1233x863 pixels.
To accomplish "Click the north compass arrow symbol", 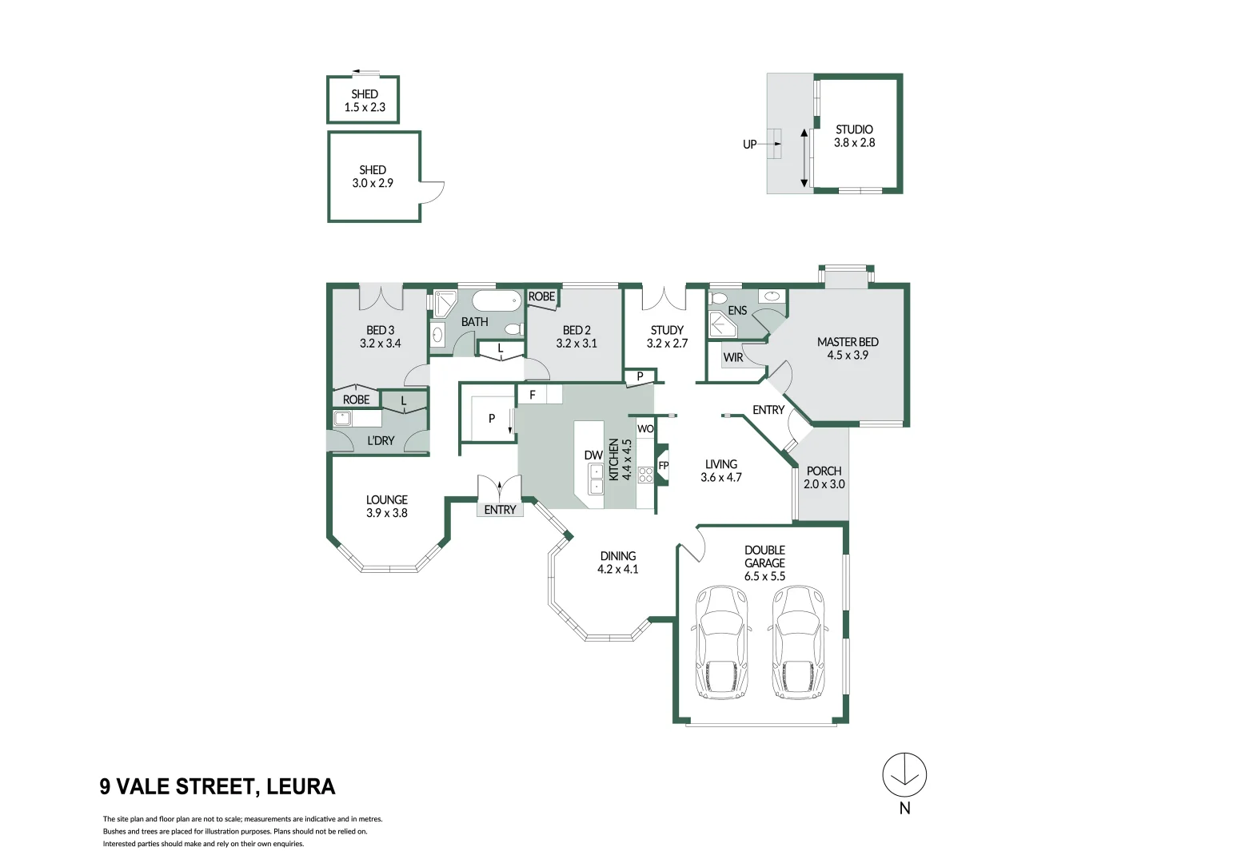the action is [x=904, y=775].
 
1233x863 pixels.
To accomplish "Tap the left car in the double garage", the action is [x=723, y=642].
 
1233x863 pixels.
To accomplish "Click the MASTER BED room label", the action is [x=848, y=348].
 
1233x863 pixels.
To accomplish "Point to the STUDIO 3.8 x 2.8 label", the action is [x=854, y=136].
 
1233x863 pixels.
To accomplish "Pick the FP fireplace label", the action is [x=663, y=466].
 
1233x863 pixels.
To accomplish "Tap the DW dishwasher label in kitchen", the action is [x=593, y=455].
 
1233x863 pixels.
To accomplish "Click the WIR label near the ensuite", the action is [x=733, y=357].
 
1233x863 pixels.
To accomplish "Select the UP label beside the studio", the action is [x=749, y=145].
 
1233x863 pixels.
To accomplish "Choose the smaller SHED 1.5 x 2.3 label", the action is [x=365, y=101].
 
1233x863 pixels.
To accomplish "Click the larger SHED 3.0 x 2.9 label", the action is [x=373, y=177].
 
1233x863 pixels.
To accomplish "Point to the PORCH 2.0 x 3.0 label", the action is [x=824, y=478].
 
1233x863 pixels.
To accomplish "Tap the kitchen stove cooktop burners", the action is [x=645, y=475].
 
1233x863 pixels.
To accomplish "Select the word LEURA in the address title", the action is [x=301, y=787].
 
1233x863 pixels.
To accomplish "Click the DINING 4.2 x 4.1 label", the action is [x=618, y=563].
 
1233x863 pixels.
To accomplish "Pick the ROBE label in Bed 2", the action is [x=541, y=296].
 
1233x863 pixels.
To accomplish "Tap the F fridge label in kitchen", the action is [x=533, y=395].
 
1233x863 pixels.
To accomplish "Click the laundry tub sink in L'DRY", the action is [x=344, y=417].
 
